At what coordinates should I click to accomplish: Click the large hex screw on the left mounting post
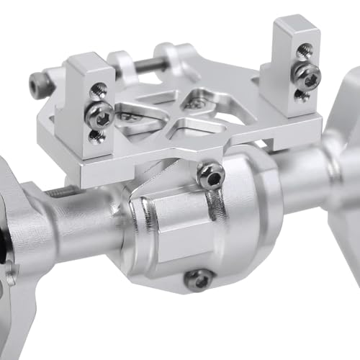(x=98, y=113)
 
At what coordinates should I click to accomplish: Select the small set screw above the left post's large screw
(x=99, y=90)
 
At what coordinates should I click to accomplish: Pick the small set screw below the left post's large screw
(x=96, y=136)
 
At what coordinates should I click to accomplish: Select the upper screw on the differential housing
(x=210, y=175)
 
